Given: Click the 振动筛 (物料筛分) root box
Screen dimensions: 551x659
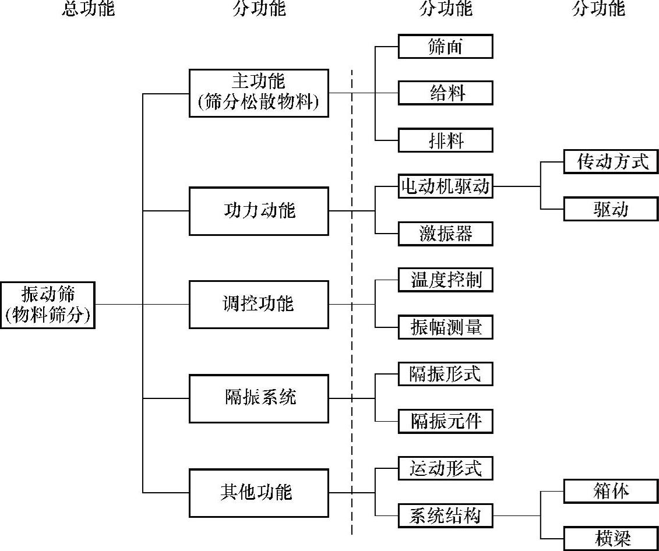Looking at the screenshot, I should click(48, 305).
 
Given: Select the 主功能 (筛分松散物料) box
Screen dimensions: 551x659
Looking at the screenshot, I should click(259, 93).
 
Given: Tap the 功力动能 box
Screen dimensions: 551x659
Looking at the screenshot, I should click(259, 211).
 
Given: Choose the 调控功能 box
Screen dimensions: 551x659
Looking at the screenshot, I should click(259, 304).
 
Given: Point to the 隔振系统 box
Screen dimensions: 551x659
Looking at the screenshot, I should click(259, 398).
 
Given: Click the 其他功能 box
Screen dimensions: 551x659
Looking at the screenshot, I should click(259, 493).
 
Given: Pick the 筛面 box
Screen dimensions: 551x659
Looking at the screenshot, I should click(446, 47).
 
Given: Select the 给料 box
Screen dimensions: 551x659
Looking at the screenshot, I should click(446, 93).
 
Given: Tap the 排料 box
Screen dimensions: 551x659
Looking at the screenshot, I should click(446, 140).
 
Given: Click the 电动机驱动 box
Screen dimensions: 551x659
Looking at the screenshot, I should click(446, 187).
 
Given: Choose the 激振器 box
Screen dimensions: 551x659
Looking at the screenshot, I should click(446, 234).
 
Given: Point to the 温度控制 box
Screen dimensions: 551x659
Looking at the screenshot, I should click(446, 280).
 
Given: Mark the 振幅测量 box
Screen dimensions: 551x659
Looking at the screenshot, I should click(446, 328).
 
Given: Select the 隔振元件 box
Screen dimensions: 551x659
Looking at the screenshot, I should click(446, 421).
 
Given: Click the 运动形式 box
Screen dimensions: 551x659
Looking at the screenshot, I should click(446, 468).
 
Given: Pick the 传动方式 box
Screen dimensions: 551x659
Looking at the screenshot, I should click(611, 162).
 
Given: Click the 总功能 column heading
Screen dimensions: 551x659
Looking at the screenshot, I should click(89, 9).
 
